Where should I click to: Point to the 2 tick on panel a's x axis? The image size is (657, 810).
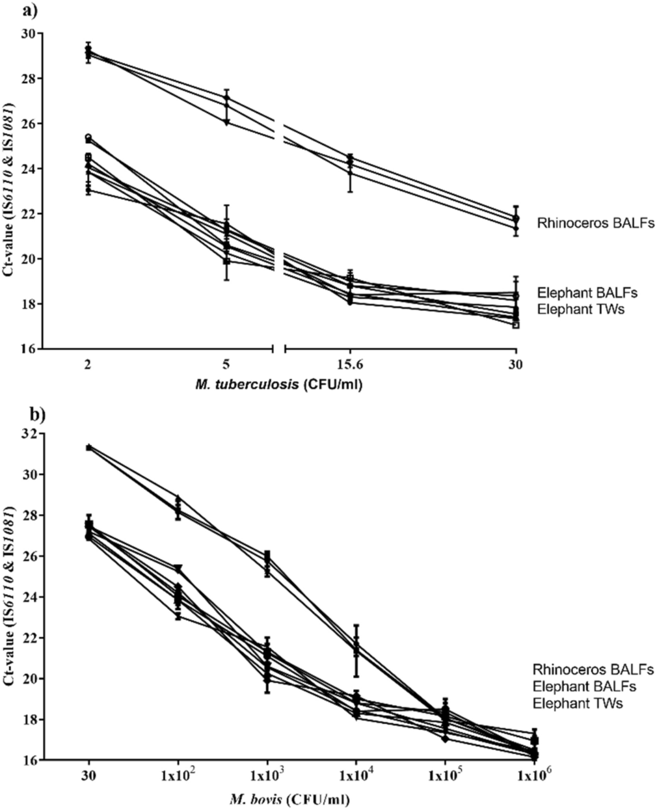pos(88,366)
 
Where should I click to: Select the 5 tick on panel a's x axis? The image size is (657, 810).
pos(227,366)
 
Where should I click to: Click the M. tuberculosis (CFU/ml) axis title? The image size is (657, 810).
pos(279,385)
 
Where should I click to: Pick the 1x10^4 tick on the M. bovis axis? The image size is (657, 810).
pos(356,778)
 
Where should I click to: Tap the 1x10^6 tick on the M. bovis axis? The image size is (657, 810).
pos(534,778)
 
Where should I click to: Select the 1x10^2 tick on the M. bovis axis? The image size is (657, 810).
pos(178,778)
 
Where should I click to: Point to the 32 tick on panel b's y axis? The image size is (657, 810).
pos(29,434)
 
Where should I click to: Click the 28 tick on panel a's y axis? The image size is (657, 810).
pos(29,78)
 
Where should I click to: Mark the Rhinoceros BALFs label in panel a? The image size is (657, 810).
pos(595,223)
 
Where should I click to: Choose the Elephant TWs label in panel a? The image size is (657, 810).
pos(581,309)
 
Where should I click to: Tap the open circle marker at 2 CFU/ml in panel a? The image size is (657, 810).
pos(88,137)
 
